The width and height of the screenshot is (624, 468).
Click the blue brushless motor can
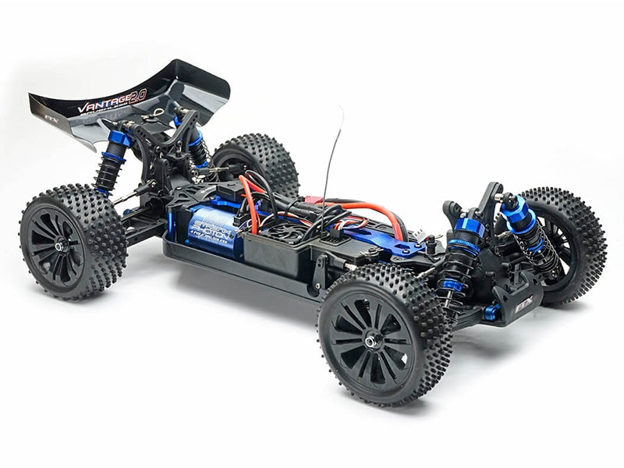(x=212, y=231)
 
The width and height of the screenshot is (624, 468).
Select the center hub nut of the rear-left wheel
(x=59, y=246)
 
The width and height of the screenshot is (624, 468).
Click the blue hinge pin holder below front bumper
(x=491, y=313)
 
